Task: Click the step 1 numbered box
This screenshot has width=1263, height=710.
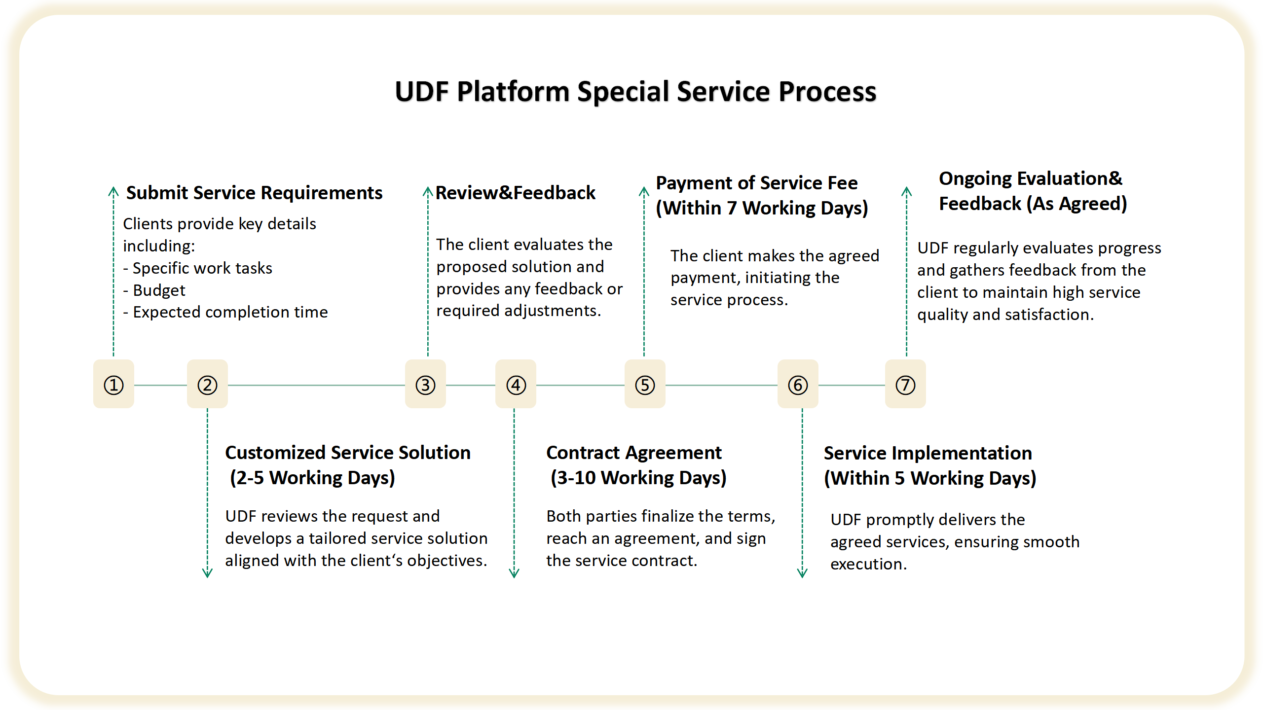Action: (113, 384)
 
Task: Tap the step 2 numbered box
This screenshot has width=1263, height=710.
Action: (207, 384)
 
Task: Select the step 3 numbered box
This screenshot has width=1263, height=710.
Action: (425, 384)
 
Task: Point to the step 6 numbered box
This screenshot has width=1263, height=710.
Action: (798, 384)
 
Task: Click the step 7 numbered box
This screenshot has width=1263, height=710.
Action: (905, 384)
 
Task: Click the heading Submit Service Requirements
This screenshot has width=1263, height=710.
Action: (254, 193)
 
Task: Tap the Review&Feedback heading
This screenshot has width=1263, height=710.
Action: (515, 193)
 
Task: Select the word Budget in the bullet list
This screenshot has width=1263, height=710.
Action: (159, 290)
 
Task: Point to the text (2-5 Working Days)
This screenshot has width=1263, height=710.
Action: (312, 478)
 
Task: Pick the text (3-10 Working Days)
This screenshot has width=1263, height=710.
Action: (638, 478)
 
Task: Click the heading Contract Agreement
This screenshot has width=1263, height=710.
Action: (633, 453)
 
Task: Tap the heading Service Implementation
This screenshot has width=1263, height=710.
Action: (928, 453)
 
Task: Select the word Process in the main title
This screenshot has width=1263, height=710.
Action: (827, 92)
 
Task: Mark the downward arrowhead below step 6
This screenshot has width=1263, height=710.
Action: (802, 573)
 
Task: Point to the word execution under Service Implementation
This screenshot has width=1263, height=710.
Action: (868, 564)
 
